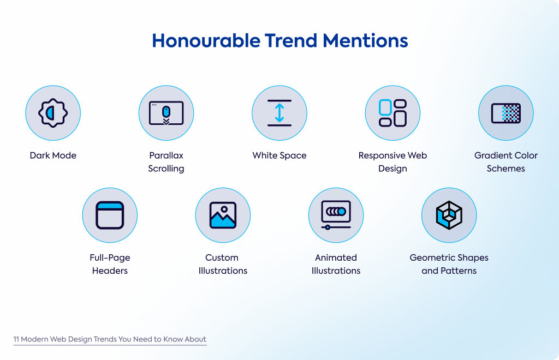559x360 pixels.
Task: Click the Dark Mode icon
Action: (x=53, y=113)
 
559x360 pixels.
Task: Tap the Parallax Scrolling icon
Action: (x=166, y=113)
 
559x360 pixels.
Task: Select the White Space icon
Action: (x=279, y=113)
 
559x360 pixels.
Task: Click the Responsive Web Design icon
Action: (x=393, y=113)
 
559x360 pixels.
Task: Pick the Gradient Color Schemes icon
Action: (x=506, y=113)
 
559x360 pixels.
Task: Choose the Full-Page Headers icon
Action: (x=110, y=215)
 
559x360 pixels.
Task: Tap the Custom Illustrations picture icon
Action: (x=223, y=215)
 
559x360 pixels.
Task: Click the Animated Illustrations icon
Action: (x=336, y=215)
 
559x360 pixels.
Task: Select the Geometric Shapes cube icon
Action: (x=449, y=215)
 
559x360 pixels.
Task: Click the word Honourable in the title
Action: (x=206, y=40)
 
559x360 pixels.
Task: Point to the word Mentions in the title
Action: (x=365, y=40)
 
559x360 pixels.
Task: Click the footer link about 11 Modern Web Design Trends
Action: (x=110, y=339)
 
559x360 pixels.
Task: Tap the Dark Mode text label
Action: (x=53, y=155)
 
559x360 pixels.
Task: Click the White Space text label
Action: (x=279, y=155)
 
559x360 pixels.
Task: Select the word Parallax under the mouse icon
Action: (x=166, y=155)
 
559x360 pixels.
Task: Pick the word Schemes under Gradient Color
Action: (x=506, y=169)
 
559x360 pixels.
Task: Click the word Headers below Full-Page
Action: (x=110, y=271)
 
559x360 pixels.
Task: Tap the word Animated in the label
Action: (x=336, y=257)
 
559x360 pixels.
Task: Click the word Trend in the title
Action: (x=292, y=40)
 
